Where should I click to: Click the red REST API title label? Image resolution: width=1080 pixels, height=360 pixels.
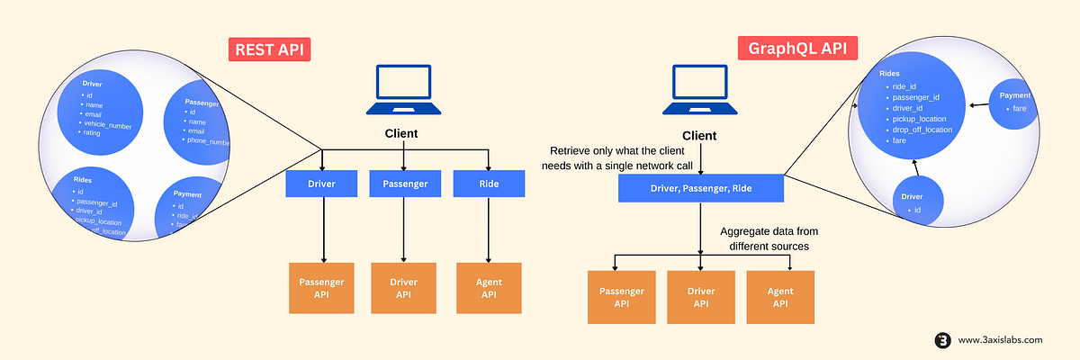pos(268,49)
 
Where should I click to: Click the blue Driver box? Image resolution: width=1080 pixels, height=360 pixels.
pos(322,184)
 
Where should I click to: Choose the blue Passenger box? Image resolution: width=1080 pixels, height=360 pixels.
pos(403,184)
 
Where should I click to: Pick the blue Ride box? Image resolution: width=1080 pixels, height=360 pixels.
pos(489,184)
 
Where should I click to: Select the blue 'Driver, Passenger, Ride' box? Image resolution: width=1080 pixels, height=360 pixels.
pos(701,188)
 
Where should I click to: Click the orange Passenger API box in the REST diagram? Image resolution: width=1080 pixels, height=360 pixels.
pos(322,288)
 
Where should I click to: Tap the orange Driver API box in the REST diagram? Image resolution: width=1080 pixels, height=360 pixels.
pos(403,288)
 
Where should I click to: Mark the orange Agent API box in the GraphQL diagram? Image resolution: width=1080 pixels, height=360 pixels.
pos(780,297)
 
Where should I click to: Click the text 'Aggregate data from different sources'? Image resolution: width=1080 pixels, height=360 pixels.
pos(769,238)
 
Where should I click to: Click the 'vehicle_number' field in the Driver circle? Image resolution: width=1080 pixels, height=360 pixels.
pos(108,126)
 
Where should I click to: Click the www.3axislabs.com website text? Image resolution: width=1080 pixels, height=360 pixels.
pos(1000,339)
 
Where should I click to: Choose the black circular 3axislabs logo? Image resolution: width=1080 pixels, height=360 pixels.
pos(943,340)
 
